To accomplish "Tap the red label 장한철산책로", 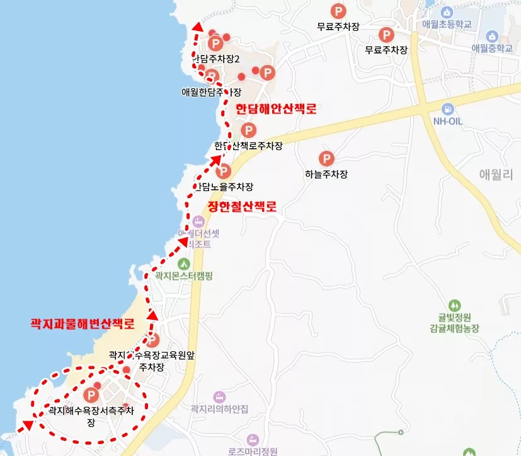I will pos(242,206).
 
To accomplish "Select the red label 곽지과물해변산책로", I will pos(83,324).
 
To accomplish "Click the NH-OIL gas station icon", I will pos(448,108).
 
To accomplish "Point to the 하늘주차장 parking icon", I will pos(326,159).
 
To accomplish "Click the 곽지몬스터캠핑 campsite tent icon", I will pos(184,263).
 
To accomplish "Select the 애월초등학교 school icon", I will pos(447,13).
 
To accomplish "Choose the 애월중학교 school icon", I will pos(492,35).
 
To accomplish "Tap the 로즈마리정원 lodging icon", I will pos(253,439).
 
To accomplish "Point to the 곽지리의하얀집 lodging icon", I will pos(219,397).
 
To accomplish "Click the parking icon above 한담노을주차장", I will pos(223,171).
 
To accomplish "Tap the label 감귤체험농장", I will pos(454,328).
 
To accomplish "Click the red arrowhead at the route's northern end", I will pos(197,27).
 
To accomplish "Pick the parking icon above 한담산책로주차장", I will pos(249,131).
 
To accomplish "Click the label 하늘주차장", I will pos(326,175).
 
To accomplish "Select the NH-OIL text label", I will pos(448,120).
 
